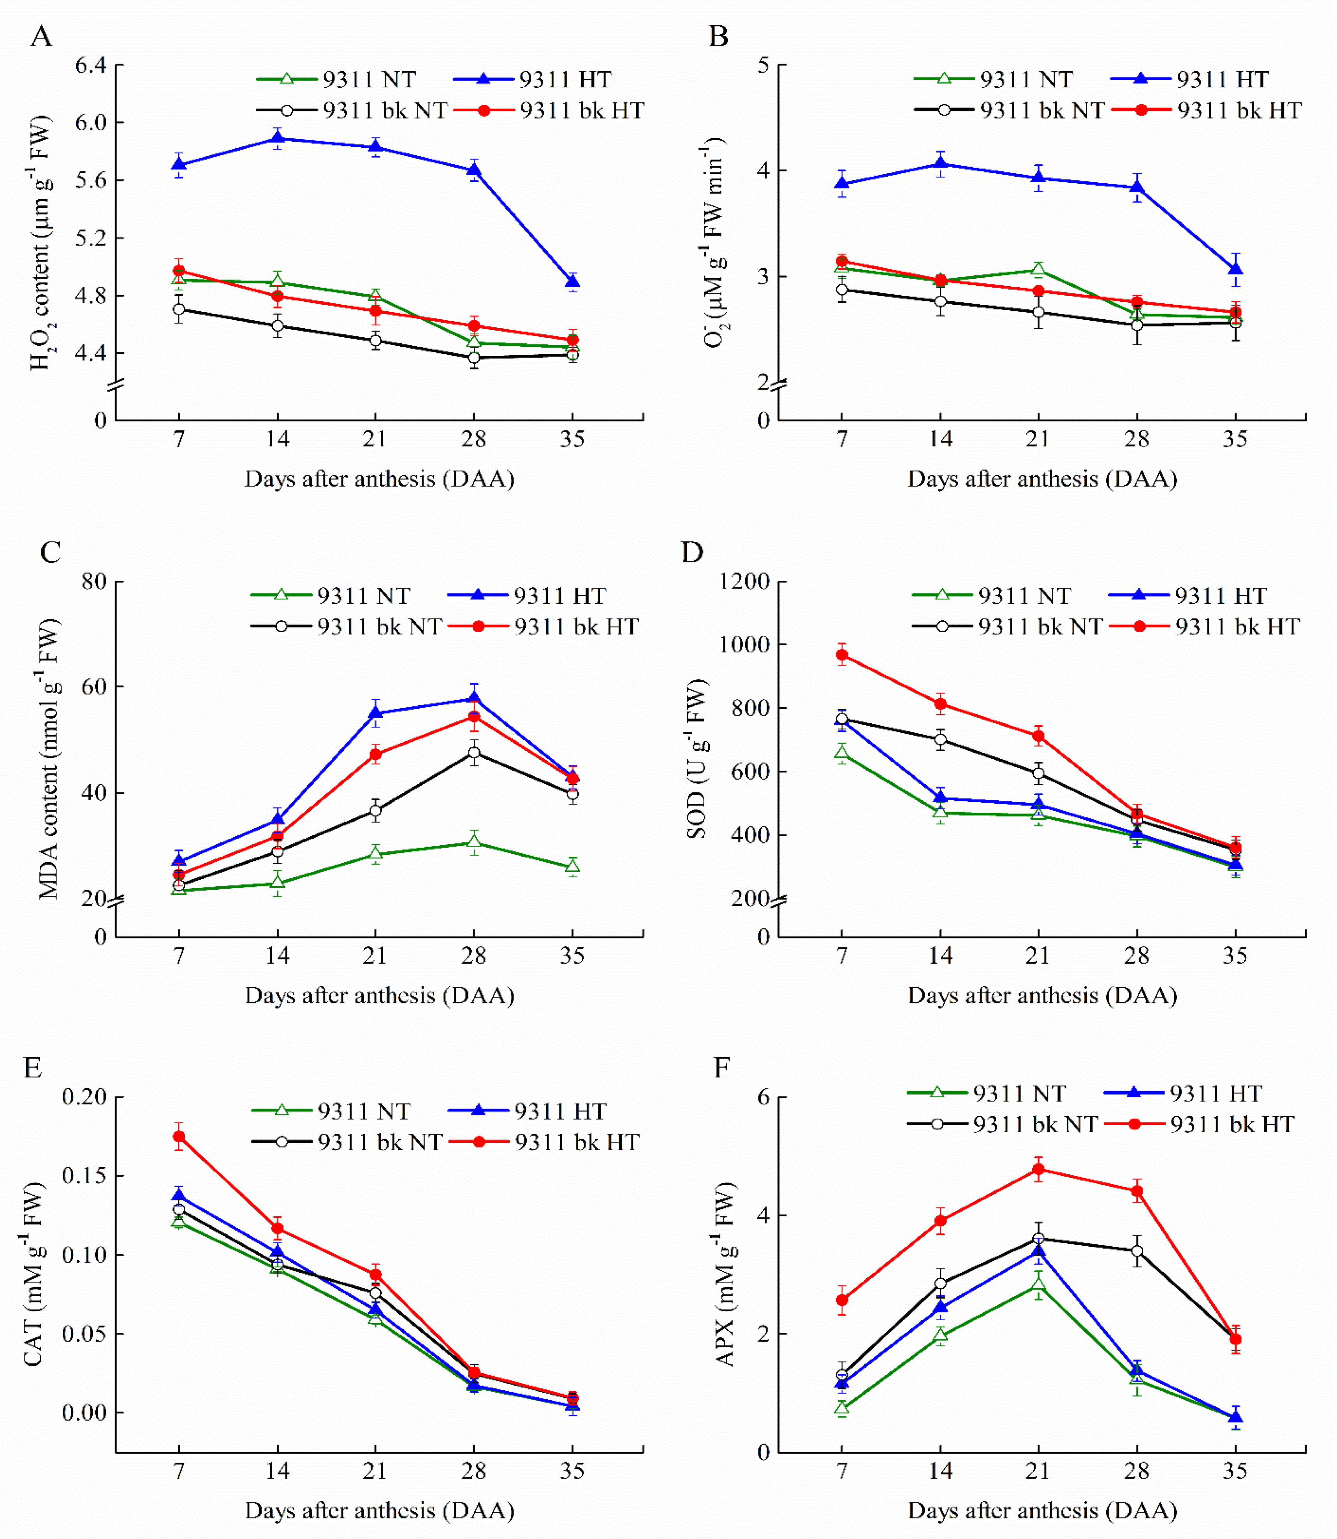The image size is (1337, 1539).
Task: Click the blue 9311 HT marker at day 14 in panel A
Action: pos(278,138)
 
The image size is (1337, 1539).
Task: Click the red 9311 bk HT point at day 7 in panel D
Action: pos(842,655)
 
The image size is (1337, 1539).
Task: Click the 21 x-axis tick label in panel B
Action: pos(1038,439)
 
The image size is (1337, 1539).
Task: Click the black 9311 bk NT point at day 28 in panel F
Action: pos(1136,1251)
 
